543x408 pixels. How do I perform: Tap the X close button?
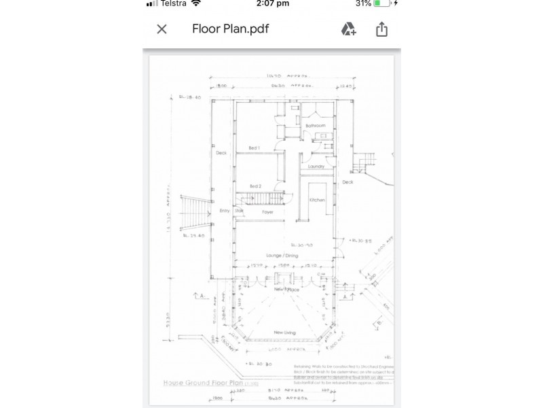point(162,29)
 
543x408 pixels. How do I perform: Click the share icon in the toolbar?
point(381,29)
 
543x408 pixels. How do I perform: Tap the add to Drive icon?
point(348,29)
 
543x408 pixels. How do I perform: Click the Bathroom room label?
point(316,126)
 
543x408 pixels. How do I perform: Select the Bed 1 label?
point(255,148)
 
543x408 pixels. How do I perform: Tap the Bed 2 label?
point(255,186)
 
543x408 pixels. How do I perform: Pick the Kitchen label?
point(318,200)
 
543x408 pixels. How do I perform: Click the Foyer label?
point(267,212)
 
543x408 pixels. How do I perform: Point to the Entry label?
point(225,211)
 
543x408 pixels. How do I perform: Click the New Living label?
point(283,332)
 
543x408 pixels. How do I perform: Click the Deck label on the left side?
point(221,153)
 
